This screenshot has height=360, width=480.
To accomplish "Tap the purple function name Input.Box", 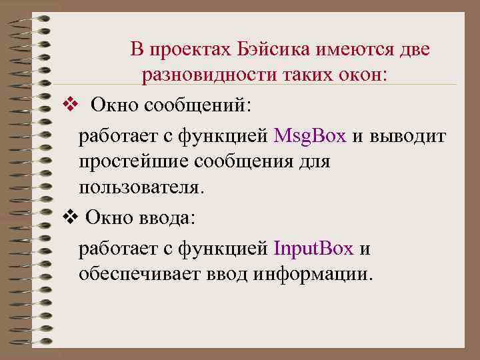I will [313, 249].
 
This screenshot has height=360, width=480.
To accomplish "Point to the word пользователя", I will [139, 187].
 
